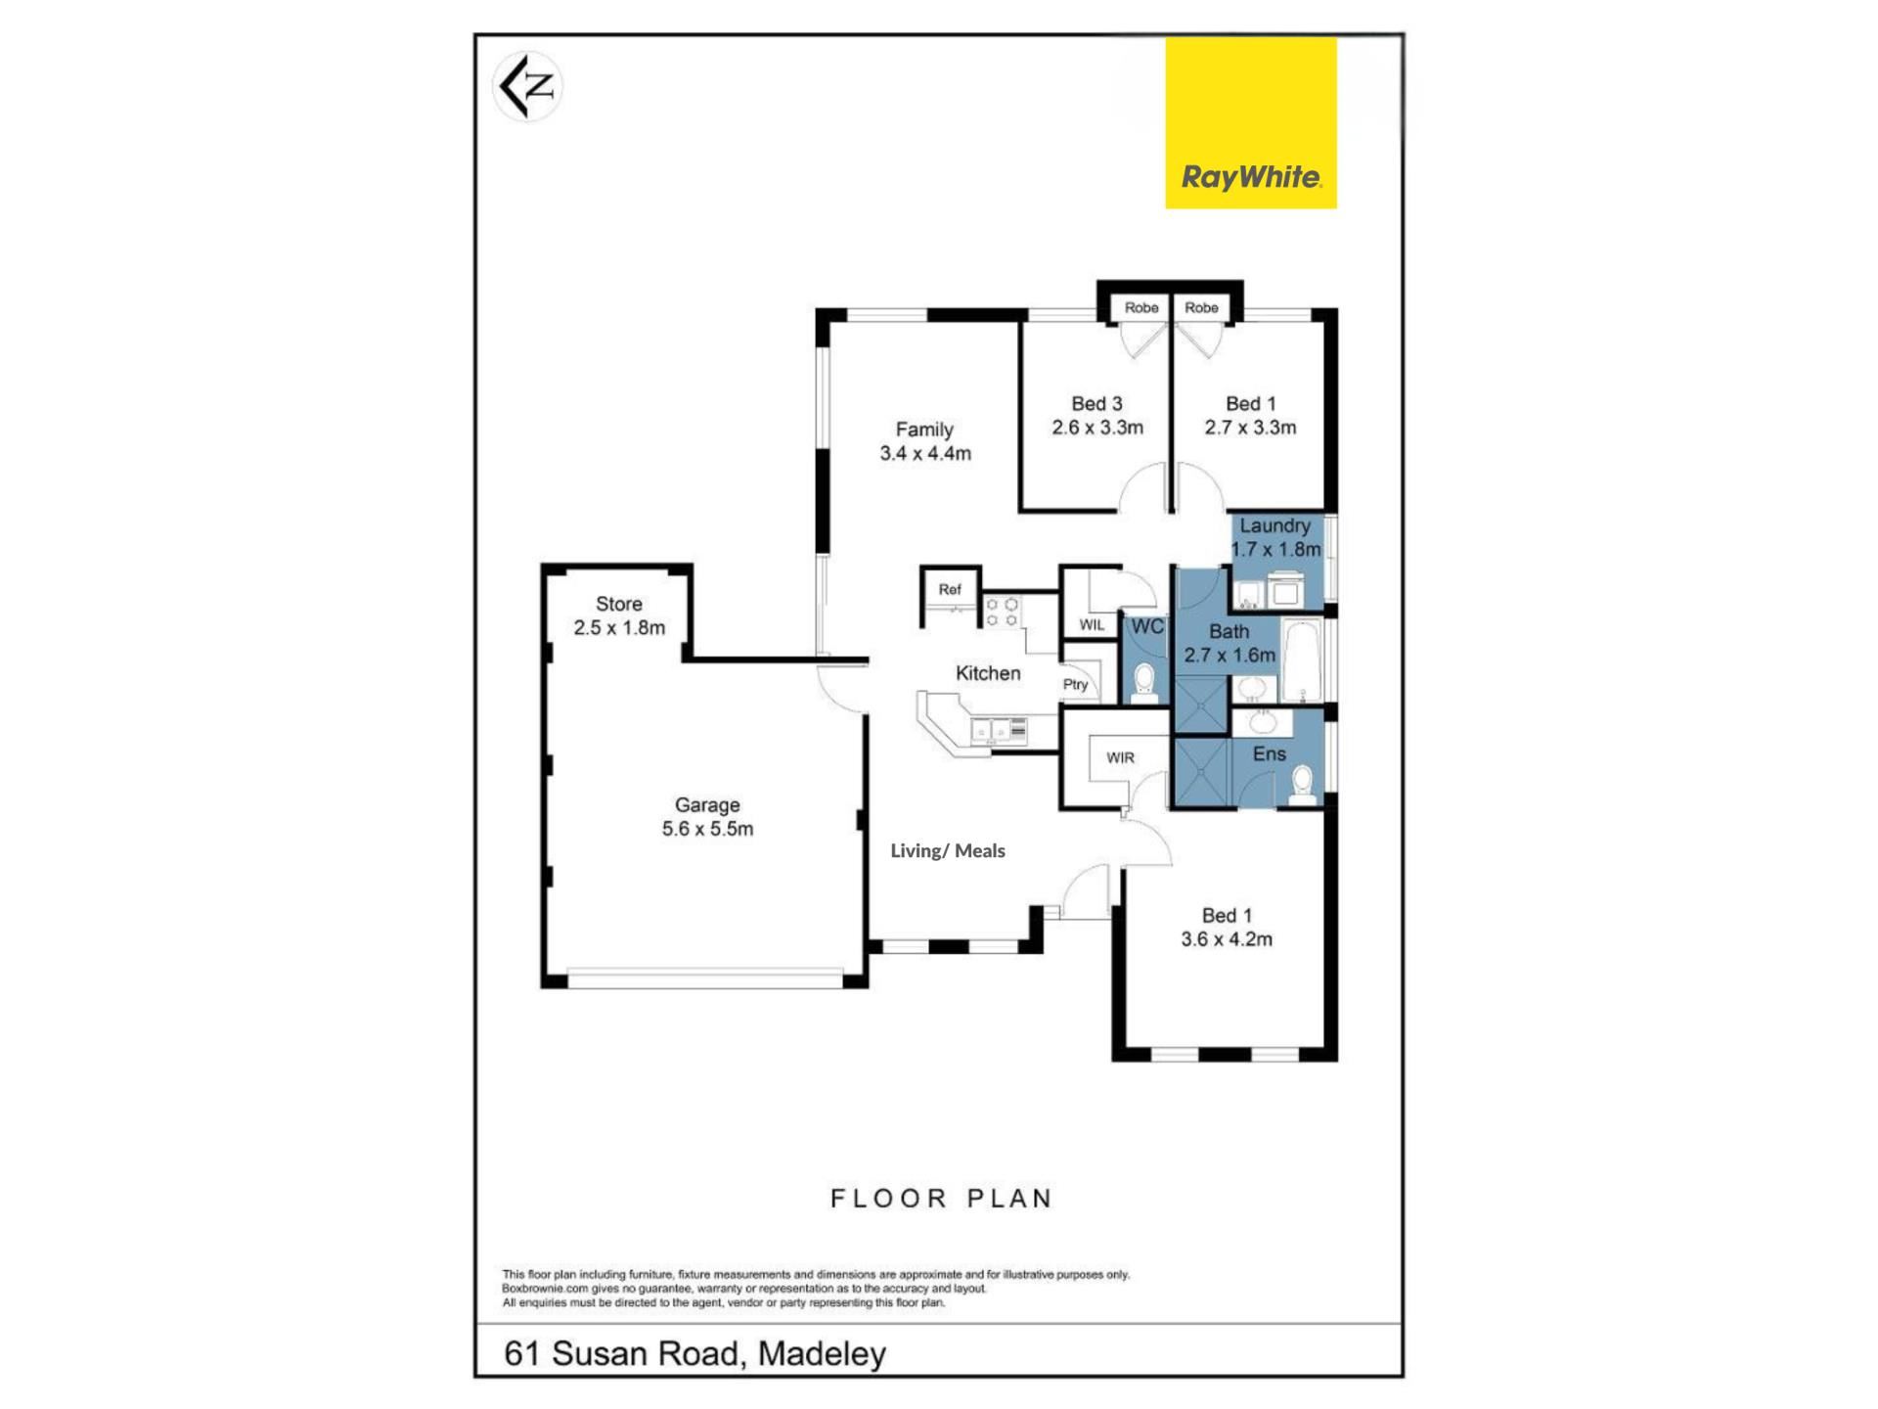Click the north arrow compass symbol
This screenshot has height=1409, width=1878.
[527, 87]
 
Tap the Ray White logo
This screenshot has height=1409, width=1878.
[1250, 123]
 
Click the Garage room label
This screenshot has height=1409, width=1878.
[707, 817]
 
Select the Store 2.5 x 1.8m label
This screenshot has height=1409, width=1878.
[619, 616]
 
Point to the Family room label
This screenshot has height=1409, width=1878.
[925, 441]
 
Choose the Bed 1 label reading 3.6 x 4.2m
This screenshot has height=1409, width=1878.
[1227, 928]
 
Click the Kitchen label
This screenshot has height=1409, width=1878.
[988, 673]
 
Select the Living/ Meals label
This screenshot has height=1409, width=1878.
[948, 851]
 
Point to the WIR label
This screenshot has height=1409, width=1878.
[1121, 757]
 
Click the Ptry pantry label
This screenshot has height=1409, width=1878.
[1076, 685]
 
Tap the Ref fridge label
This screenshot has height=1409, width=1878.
[950, 589]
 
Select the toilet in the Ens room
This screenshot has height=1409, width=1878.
[1302, 786]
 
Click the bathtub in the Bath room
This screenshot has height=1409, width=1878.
[1302, 660]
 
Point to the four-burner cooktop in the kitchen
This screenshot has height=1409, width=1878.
[1002, 613]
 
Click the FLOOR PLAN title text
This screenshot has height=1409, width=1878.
[941, 1199]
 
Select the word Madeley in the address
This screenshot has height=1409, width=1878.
[822, 1354]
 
